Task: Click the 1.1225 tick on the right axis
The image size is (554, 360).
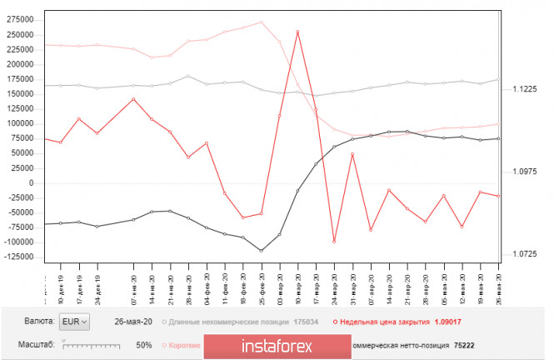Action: click(x=525, y=89)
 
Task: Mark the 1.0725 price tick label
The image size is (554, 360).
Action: click(x=525, y=254)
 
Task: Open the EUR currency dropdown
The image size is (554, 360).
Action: click(x=74, y=321)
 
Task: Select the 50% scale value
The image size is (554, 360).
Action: click(x=143, y=344)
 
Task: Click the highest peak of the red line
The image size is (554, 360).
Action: click(x=297, y=32)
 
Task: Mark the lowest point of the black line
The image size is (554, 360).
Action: click(x=262, y=251)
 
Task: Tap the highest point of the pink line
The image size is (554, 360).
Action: click(x=262, y=22)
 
